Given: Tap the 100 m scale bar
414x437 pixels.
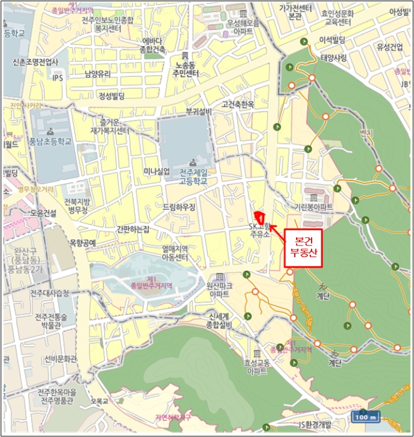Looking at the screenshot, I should coord(367,417).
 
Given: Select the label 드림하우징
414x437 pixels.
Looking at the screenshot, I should coord(179,206).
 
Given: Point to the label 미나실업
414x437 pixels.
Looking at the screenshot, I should coord(157,172).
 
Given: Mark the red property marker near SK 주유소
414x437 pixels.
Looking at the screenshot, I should coord(259,217).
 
